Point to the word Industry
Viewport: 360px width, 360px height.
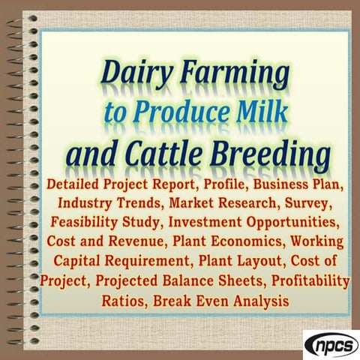(85, 203)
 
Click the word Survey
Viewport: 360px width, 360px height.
(321, 203)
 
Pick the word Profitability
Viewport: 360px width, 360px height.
(307, 281)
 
